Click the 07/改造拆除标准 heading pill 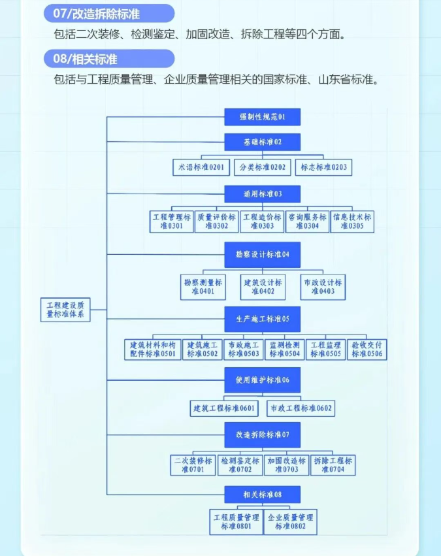[109, 14]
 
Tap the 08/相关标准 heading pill [109, 59]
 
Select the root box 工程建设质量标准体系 [65, 309]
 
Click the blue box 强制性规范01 [262, 118]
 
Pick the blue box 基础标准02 [262, 142]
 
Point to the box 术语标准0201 [201, 167]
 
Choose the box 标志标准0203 [323, 167]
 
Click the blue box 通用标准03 [262, 194]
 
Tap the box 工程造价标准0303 [262, 221]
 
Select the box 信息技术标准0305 [352, 221]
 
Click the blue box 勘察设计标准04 [262, 254]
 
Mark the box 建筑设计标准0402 [263, 287]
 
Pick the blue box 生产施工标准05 [262, 319]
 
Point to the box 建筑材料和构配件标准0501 [153, 349]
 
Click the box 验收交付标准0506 [368, 349]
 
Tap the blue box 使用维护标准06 [262, 380]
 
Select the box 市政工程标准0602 [301, 408]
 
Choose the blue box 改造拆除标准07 [262, 434]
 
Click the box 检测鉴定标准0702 [240, 465]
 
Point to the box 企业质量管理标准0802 [291, 521]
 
